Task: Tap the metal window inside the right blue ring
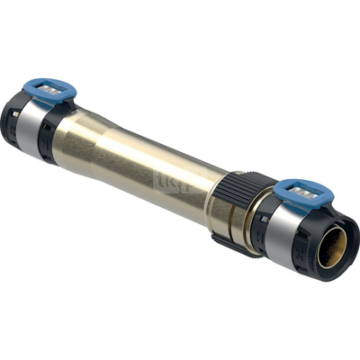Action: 304,192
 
